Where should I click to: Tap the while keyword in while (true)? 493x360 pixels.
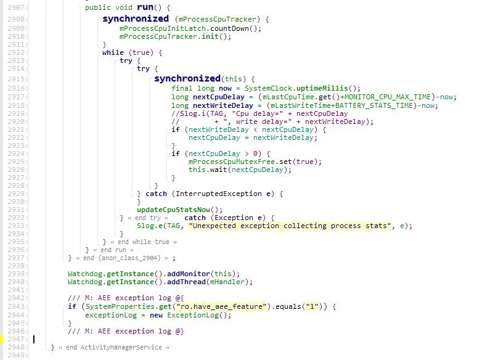(113, 52)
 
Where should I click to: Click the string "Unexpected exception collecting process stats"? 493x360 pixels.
(291, 226)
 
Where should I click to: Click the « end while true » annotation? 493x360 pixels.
(139, 242)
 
